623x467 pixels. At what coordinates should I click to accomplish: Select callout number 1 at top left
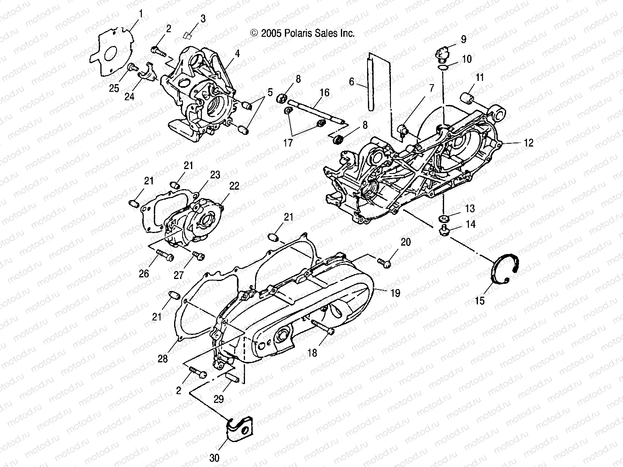click(x=141, y=14)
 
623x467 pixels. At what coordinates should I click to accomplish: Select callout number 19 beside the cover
click(x=395, y=293)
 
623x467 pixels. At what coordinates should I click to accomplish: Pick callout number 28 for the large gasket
click(x=162, y=358)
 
